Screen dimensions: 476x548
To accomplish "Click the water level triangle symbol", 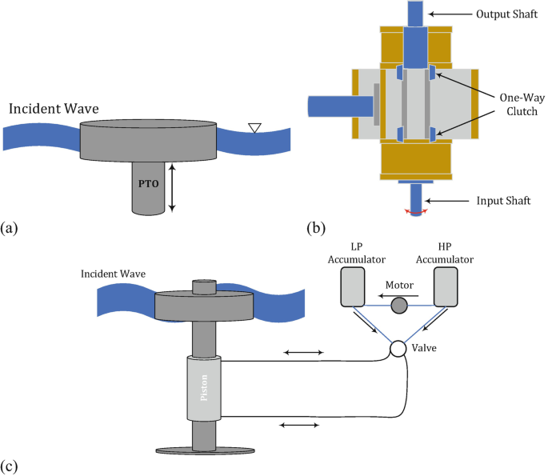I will coord(254,126).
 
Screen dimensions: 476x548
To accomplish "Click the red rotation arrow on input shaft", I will coord(417,212).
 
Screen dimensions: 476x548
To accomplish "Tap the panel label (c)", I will coord(11,464).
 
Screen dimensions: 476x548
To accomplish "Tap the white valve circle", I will coord(397,350).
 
